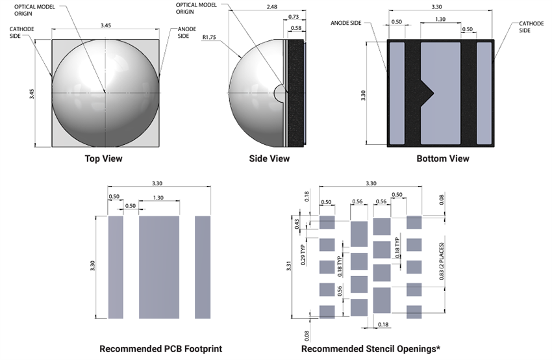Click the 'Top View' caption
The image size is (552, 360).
[103, 159]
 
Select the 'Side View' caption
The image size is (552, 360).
[270, 159]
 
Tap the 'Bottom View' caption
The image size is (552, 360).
[442, 159]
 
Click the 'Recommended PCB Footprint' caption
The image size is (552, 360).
[160, 349]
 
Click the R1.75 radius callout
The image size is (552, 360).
[209, 38]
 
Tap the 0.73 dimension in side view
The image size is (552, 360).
[294, 16]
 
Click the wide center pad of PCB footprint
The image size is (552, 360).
[159, 267]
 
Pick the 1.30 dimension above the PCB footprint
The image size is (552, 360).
[158, 198]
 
